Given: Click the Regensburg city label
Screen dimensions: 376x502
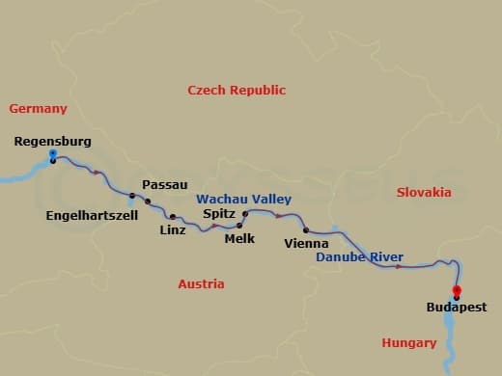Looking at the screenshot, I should click(x=53, y=142).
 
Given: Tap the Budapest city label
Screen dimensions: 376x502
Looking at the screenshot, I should click(x=457, y=309).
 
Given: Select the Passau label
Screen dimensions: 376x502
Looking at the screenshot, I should click(x=164, y=184).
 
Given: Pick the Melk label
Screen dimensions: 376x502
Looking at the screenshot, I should click(x=238, y=237).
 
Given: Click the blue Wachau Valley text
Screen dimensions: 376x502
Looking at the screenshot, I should click(x=243, y=199).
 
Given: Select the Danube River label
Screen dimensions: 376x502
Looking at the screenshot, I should click(x=361, y=257).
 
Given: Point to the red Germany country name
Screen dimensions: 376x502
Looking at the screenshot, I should click(x=38, y=109).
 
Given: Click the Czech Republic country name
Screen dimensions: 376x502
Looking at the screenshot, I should click(x=237, y=91).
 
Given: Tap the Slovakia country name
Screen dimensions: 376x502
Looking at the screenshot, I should click(x=424, y=193).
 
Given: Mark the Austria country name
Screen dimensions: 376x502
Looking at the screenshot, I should click(x=201, y=284).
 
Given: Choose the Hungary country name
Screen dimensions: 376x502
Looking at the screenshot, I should click(x=409, y=342).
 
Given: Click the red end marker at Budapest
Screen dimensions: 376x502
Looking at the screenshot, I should click(x=457, y=291).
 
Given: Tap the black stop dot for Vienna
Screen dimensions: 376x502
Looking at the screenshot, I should click(x=306, y=229).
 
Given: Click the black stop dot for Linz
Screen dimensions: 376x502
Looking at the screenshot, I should click(x=173, y=217).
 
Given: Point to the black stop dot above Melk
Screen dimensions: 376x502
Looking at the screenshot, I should click(x=238, y=224).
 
